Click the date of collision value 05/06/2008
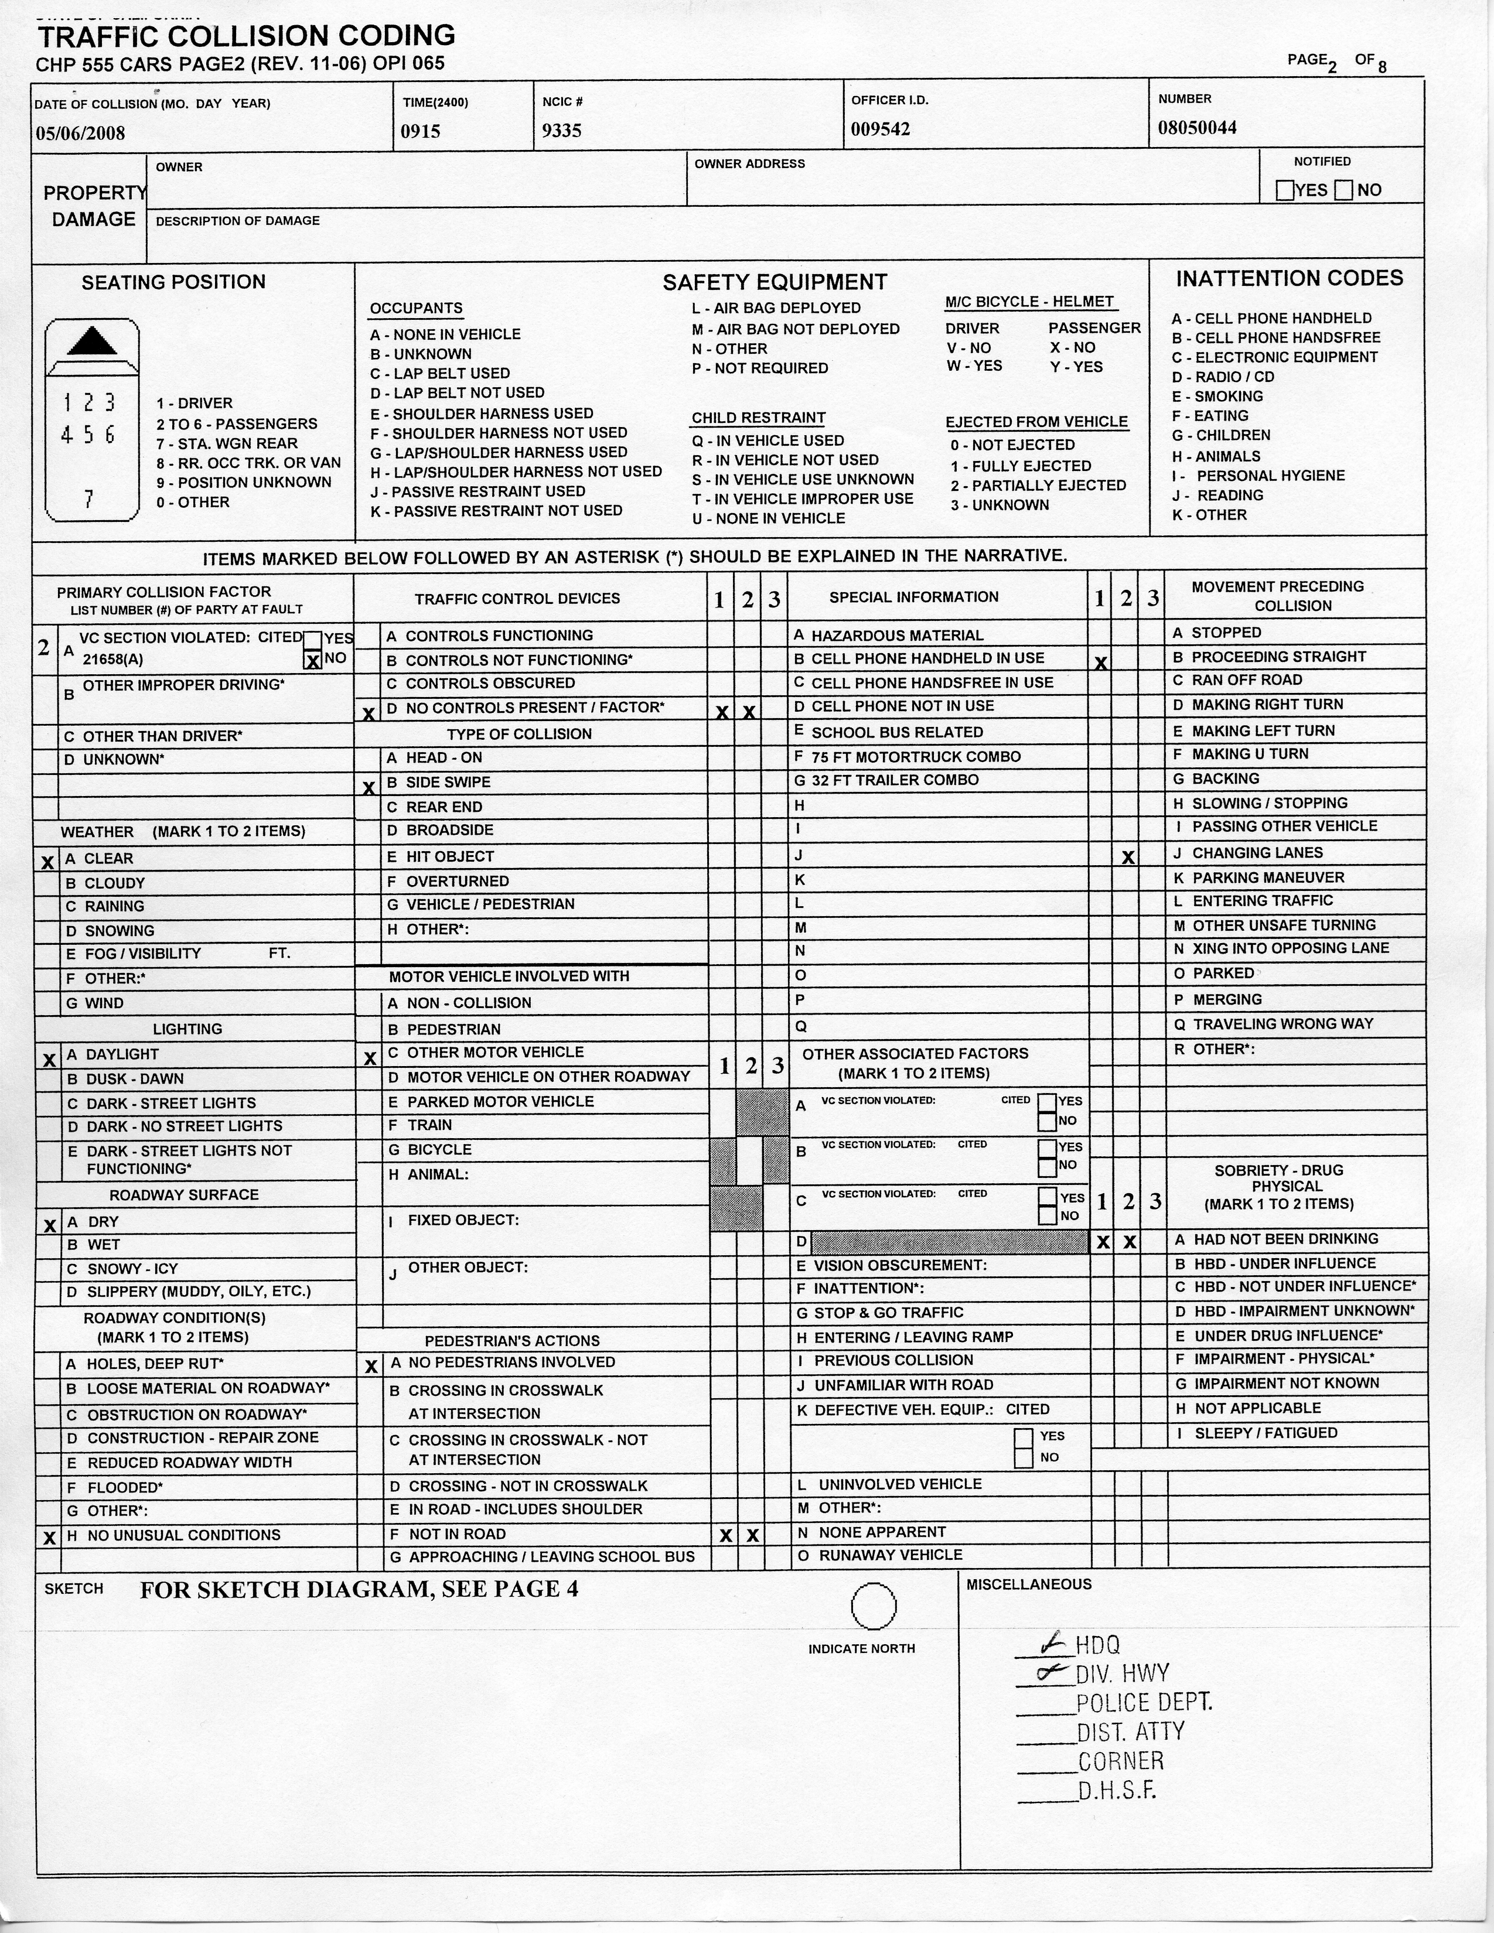coord(80,134)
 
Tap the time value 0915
coord(421,132)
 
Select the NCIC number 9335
coord(562,131)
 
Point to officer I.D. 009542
coord(881,129)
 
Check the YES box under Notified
coord(1285,190)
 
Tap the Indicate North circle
coord(873,1606)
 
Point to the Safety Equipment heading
coord(775,282)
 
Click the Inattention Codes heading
coord(1289,279)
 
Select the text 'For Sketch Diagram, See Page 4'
coord(359,1590)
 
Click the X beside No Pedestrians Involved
coord(371,1367)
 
